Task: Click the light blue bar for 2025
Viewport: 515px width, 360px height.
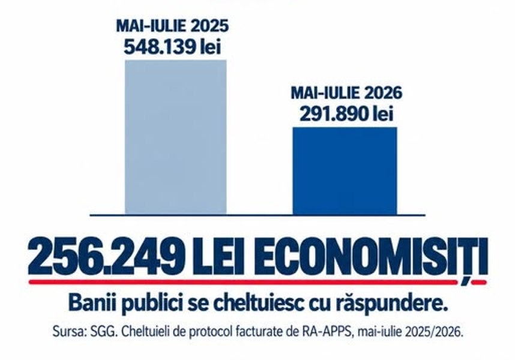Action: click(176, 137)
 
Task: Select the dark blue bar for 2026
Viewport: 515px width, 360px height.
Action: click(345, 171)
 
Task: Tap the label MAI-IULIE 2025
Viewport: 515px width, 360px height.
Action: click(172, 26)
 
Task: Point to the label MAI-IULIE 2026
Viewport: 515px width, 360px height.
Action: click(346, 93)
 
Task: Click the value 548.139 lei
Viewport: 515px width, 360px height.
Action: click(172, 47)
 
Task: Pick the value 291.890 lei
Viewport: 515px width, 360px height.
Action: click(346, 114)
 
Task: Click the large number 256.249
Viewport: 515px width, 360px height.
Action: click(106, 256)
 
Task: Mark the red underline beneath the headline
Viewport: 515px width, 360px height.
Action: click(257, 281)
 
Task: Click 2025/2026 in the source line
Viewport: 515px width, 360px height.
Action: click(435, 332)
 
